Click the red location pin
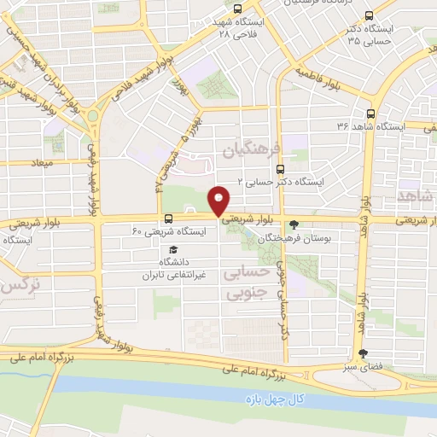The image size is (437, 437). tap(218, 200)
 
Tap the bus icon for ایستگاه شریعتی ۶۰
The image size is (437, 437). tap(167, 218)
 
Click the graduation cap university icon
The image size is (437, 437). tap(174, 249)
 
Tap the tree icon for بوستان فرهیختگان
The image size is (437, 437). tap(294, 225)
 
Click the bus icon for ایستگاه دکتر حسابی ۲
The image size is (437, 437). tap(310, 168)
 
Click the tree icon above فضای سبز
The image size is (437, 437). tap(364, 353)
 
